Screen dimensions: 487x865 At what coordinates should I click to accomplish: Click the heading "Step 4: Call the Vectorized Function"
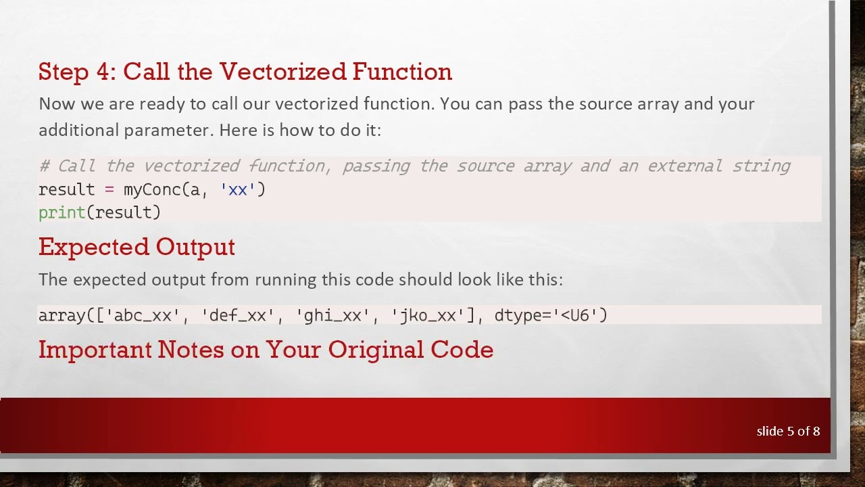click(x=245, y=72)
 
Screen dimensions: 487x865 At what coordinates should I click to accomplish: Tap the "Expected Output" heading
click(x=137, y=247)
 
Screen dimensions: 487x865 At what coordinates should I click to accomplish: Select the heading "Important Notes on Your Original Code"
click(x=266, y=350)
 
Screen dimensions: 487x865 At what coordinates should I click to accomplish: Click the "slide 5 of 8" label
click(x=788, y=431)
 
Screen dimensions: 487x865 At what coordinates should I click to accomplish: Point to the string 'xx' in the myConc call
click(x=238, y=189)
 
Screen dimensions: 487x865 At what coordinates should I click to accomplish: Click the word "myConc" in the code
click(x=152, y=189)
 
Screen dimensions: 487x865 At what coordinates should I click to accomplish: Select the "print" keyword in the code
click(x=61, y=212)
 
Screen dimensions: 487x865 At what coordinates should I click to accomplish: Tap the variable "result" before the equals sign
click(x=66, y=189)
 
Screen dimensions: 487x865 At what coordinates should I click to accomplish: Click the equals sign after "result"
click(x=109, y=189)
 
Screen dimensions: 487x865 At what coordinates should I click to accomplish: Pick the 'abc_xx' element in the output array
click(x=143, y=315)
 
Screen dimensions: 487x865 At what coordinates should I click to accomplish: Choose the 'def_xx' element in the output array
click(x=237, y=315)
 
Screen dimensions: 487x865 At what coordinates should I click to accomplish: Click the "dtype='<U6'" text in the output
click(x=551, y=315)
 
